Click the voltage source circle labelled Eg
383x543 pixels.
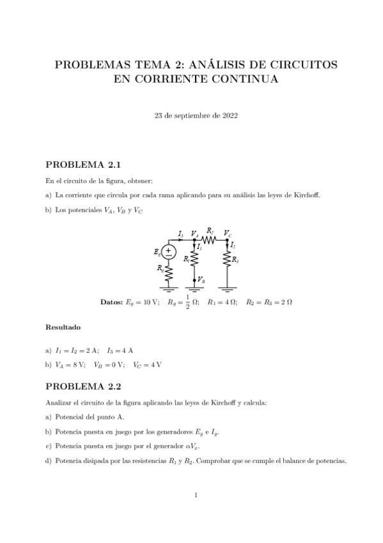(x=169, y=252)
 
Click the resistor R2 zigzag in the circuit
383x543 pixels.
(x=211, y=239)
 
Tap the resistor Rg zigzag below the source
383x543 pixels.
(x=169, y=270)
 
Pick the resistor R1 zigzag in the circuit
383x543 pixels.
(x=194, y=259)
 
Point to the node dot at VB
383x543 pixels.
(x=194, y=280)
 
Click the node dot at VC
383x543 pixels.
(x=228, y=239)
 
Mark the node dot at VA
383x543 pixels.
(x=194, y=239)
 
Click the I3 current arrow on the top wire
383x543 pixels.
(x=182, y=239)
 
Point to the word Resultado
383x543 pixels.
(x=63, y=327)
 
